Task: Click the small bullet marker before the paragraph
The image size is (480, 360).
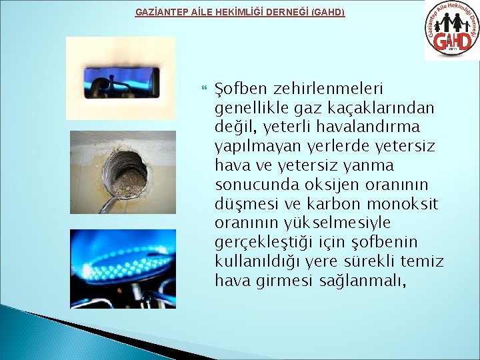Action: [203, 88]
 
